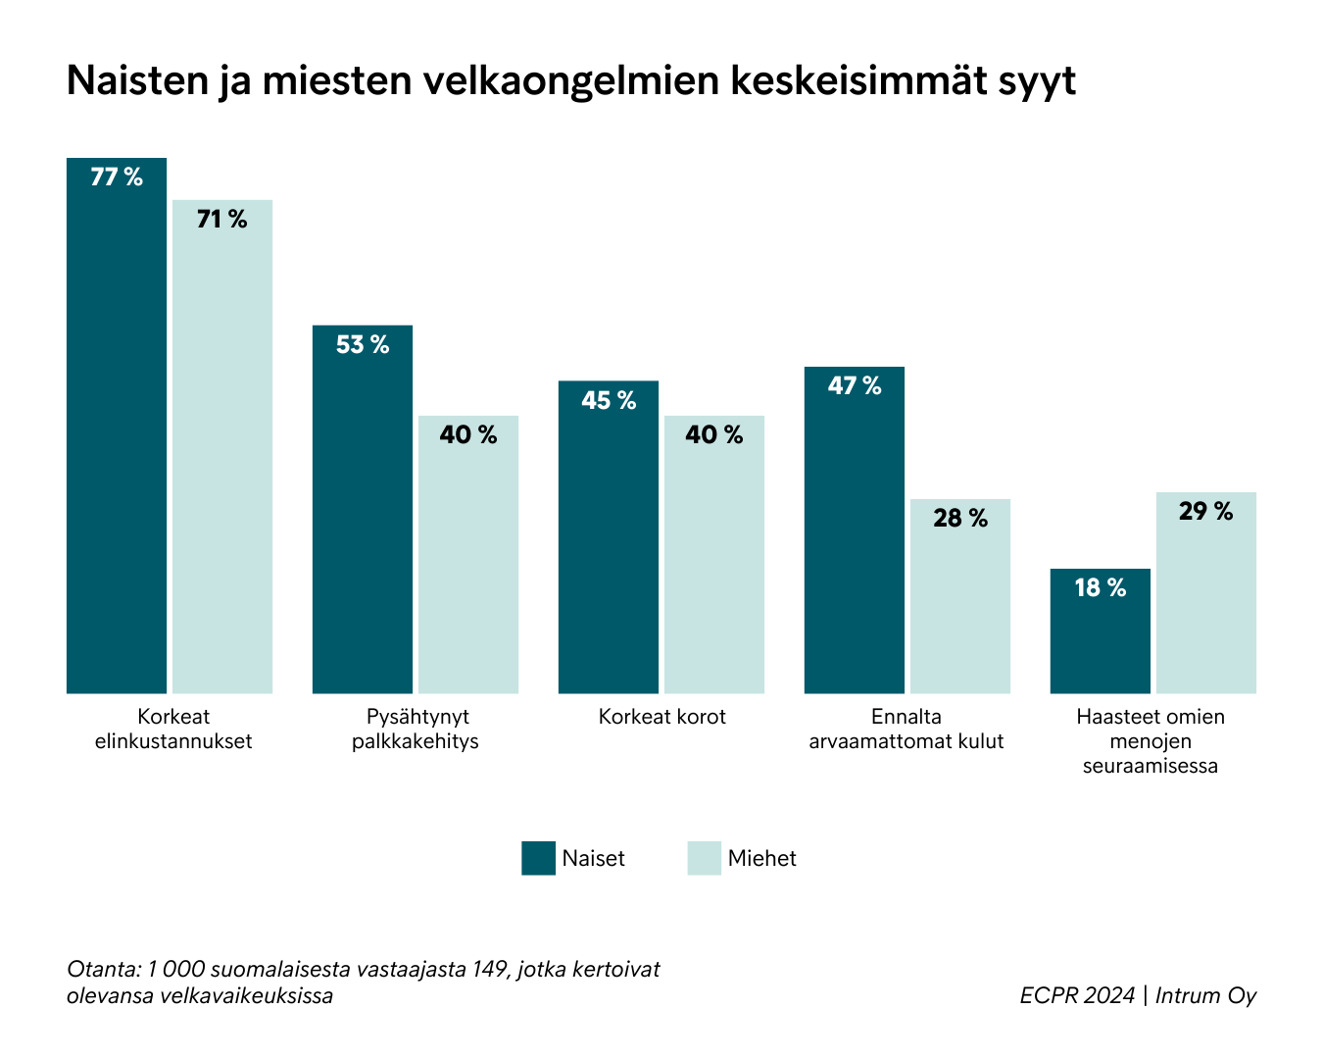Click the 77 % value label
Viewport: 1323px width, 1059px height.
pyautogui.click(x=117, y=177)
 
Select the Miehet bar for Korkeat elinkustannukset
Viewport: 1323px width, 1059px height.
pyautogui.click(x=222, y=446)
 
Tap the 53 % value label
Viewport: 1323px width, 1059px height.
pyautogui.click(x=363, y=345)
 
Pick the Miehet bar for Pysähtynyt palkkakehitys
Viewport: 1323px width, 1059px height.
pyautogui.click(x=468, y=554)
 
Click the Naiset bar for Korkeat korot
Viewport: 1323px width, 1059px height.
pyautogui.click(x=609, y=537)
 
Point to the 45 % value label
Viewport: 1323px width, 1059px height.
pyautogui.click(x=609, y=401)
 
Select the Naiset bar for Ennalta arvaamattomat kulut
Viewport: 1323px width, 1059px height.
pyautogui.click(x=855, y=529)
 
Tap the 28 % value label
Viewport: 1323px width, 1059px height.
pyautogui.click(x=960, y=519)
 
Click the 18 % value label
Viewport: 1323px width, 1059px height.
pyautogui.click(x=1101, y=588)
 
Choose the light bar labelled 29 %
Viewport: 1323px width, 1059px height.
pyautogui.click(x=1206, y=593)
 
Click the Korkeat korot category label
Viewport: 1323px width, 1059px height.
pyautogui.click(x=662, y=717)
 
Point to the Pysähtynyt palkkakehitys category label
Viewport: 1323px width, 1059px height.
pyautogui.click(x=416, y=729)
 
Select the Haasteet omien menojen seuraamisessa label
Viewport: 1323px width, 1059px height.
pyautogui.click(x=1151, y=741)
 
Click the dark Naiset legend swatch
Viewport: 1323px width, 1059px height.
pyautogui.click(x=538, y=858)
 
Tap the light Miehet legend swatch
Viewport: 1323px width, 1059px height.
pyautogui.click(x=704, y=858)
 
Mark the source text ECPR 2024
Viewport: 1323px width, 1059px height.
pyautogui.click(x=1076, y=995)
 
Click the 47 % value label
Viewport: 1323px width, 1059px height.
pyautogui.click(x=855, y=386)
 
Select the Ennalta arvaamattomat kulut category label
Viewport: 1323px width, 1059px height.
pyautogui.click(x=906, y=729)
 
